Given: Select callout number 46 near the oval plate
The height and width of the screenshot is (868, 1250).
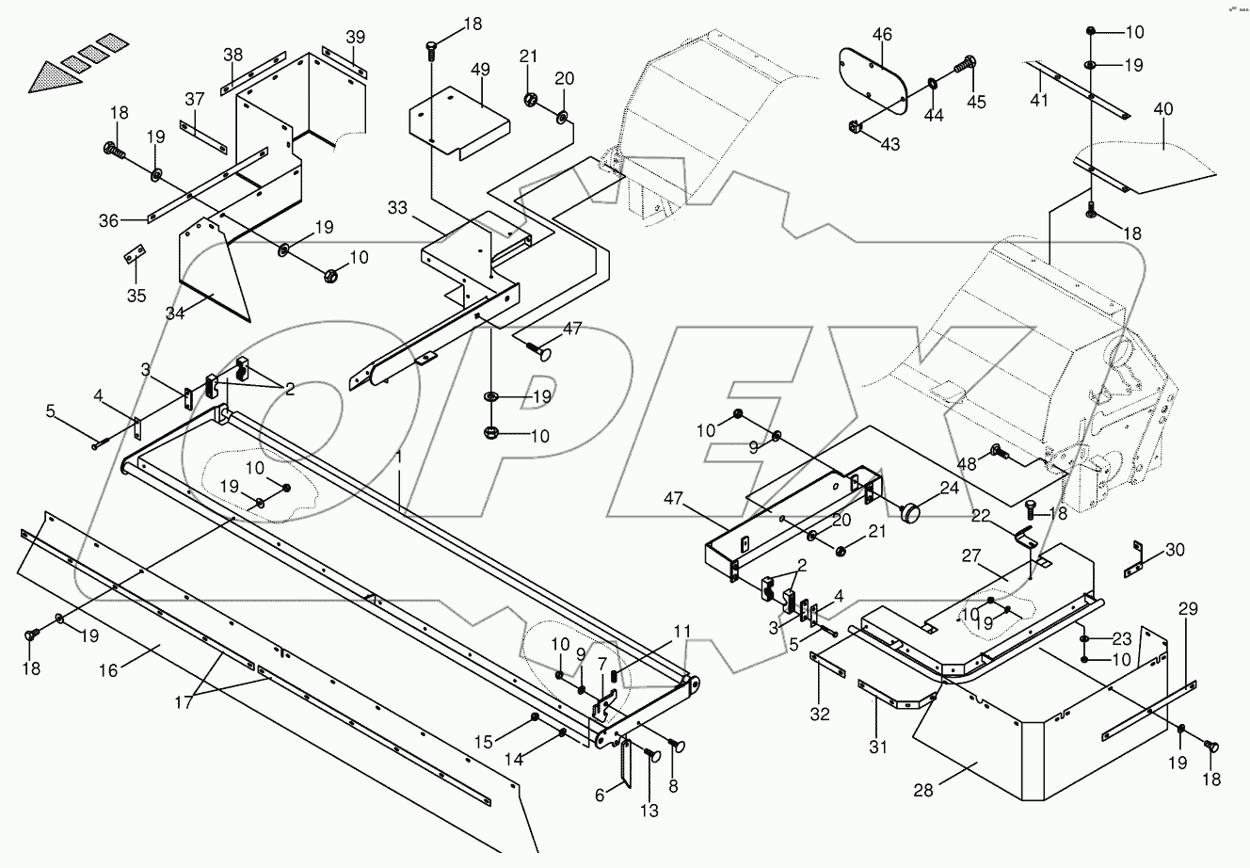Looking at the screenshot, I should (882, 35).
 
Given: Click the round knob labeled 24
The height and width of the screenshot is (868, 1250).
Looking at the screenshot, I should (911, 514).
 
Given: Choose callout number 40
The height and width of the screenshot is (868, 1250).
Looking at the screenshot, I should (1164, 110).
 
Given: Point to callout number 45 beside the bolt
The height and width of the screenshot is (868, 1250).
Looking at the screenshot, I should (976, 103).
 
